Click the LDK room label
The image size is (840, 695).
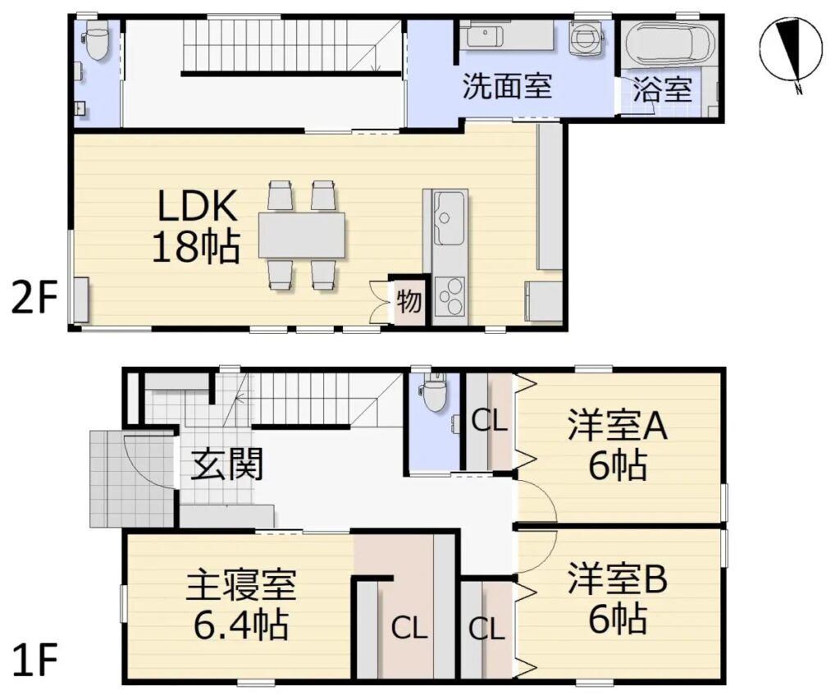(197, 206)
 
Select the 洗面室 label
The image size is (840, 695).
(507, 85)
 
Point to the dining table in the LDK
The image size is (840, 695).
(302, 235)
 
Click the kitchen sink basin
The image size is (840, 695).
(449, 218)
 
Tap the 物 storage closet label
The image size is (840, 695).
(409, 301)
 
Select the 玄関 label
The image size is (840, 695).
(227, 464)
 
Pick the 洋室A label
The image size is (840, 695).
(618, 426)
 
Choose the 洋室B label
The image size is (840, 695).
(618, 578)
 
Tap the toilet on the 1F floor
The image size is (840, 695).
(434, 392)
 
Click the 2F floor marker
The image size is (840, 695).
(34, 299)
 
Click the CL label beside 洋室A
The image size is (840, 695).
(489, 421)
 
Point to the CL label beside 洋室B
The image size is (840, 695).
(487, 629)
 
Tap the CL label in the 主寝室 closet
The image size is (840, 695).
(409, 628)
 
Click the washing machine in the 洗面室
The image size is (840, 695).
(587, 39)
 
